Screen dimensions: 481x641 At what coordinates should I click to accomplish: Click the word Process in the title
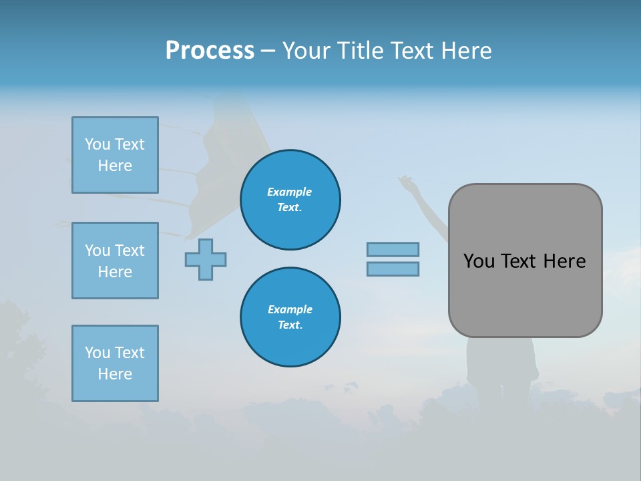click(210, 51)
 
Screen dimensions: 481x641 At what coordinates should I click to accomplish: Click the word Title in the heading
click(360, 51)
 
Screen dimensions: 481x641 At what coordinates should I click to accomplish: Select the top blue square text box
click(115, 155)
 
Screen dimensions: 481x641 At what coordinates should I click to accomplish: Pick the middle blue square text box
click(115, 261)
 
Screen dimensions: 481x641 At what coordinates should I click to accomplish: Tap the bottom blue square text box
click(115, 363)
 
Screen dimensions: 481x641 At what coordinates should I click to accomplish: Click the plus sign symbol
click(206, 259)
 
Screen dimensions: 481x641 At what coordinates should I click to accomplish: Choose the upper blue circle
click(290, 200)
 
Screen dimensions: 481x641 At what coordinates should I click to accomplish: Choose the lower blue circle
click(290, 317)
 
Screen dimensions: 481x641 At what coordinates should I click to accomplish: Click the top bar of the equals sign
click(393, 249)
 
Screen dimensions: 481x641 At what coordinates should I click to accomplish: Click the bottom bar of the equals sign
click(393, 269)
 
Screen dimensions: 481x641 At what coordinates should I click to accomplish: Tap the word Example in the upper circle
click(290, 192)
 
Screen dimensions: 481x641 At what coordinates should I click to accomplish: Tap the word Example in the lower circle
click(290, 309)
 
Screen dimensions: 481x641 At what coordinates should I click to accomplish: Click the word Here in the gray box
click(564, 261)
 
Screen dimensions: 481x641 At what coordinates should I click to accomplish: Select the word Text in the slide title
click(413, 51)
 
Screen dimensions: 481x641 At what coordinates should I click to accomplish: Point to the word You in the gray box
click(478, 261)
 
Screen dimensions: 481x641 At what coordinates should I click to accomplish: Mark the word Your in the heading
click(306, 51)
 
